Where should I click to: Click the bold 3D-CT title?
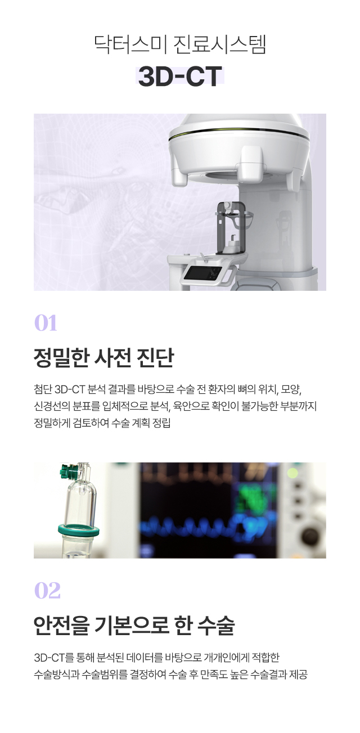pyautogui.click(x=180, y=77)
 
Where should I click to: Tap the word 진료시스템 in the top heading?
pyautogui.click(x=220, y=44)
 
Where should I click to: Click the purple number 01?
pyautogui.click(x=46, y=323)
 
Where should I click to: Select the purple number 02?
pyautogui.click(x=47, y=591)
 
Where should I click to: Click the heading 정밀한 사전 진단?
pyautogui.click(x=103, y=357)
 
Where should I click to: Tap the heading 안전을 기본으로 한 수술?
pyautogui.click(x=134, y=625)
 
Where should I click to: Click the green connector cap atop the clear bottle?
pyautogui.click(x=70, y=471)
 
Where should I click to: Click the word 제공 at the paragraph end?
pyautogui.click(x=298, y=674)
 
